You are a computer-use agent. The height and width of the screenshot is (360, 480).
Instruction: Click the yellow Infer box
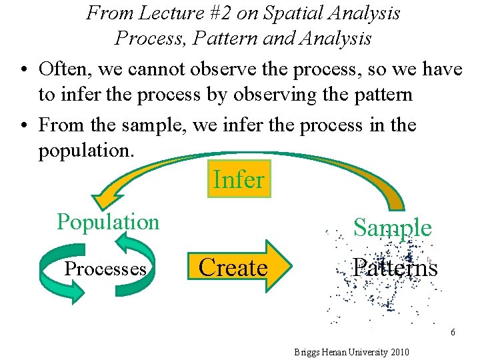coord(239,179)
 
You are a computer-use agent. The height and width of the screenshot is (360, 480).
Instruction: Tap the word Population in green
coord(108,222)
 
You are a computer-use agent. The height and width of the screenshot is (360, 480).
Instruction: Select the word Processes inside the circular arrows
coord(105,269)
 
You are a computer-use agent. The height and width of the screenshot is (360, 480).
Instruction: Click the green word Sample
coord(392,228)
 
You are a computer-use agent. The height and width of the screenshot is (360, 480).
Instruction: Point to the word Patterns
coord(395,268)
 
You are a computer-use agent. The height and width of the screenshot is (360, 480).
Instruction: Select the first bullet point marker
coord(23,69)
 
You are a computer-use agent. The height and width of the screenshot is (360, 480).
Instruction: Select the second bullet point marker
coord(23,125)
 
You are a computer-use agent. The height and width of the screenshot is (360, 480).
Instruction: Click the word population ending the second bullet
coord(86,151)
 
